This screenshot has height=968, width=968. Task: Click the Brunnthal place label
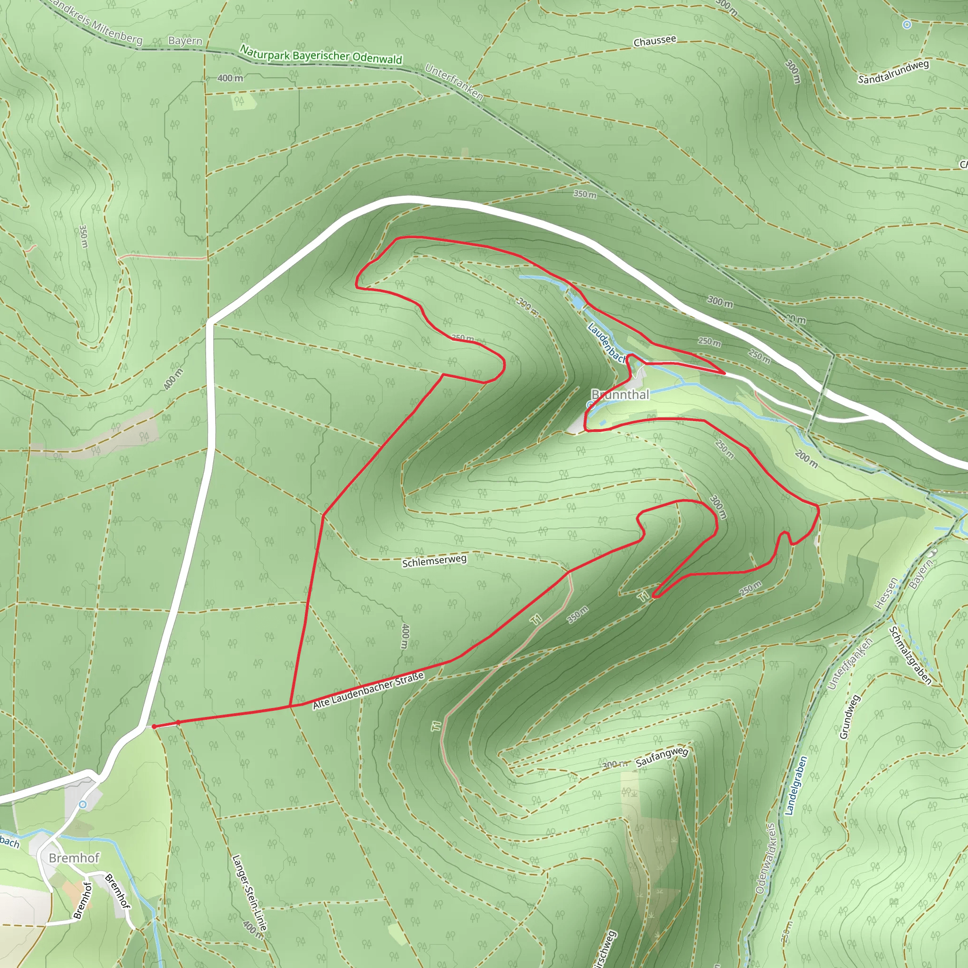(x=620, y=395)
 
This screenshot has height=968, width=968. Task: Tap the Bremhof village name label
(x=74, y=858)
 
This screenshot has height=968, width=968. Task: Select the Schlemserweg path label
(x=434, y=561)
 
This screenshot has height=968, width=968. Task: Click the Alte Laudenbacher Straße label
(x=368, y=691)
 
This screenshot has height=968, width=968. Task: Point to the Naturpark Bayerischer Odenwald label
(x=320, y=55)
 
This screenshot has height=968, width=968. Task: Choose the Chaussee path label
(x=654, y=41)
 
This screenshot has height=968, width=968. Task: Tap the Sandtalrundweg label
(x=893, y=72)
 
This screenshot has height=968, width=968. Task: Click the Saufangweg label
(x=661, y=758)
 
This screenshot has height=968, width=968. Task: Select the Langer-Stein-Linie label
(x=249, y=892)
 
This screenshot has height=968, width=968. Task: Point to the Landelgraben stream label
(x=795, y=785)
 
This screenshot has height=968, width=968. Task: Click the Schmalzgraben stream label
(x=910, y=656)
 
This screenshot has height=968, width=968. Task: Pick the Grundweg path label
(x=850, y=717)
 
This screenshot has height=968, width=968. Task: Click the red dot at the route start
(x=154, y=726)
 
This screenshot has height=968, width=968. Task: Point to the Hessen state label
(x=886, y=594)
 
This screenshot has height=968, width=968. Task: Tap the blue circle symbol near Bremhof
(x=83, y=804)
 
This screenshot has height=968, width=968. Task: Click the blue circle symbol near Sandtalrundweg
(x=907, y=24)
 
